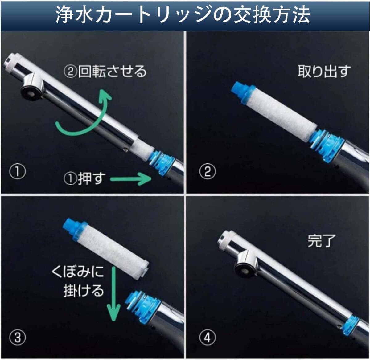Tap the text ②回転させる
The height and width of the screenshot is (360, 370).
pos(105,72)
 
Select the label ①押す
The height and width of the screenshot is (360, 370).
pos(84,178)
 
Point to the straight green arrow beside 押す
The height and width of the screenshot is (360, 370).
pos(131,179)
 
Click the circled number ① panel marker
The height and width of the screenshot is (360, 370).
pos(17,172)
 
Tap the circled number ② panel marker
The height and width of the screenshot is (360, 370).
pos(208,172)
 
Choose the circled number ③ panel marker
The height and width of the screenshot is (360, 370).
pos(17,337)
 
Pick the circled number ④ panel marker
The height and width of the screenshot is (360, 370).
pos(208,337)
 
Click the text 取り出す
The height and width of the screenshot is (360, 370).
pos(324,71)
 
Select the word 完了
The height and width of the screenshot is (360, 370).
pos(322,241)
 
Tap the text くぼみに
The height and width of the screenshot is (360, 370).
pos(78,272)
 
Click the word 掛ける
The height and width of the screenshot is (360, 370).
pos(84,291)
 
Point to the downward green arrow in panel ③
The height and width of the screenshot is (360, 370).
pos(114,294)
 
